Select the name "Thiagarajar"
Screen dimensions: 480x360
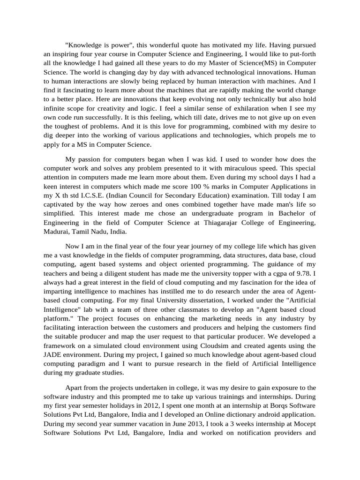click(222, 222)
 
